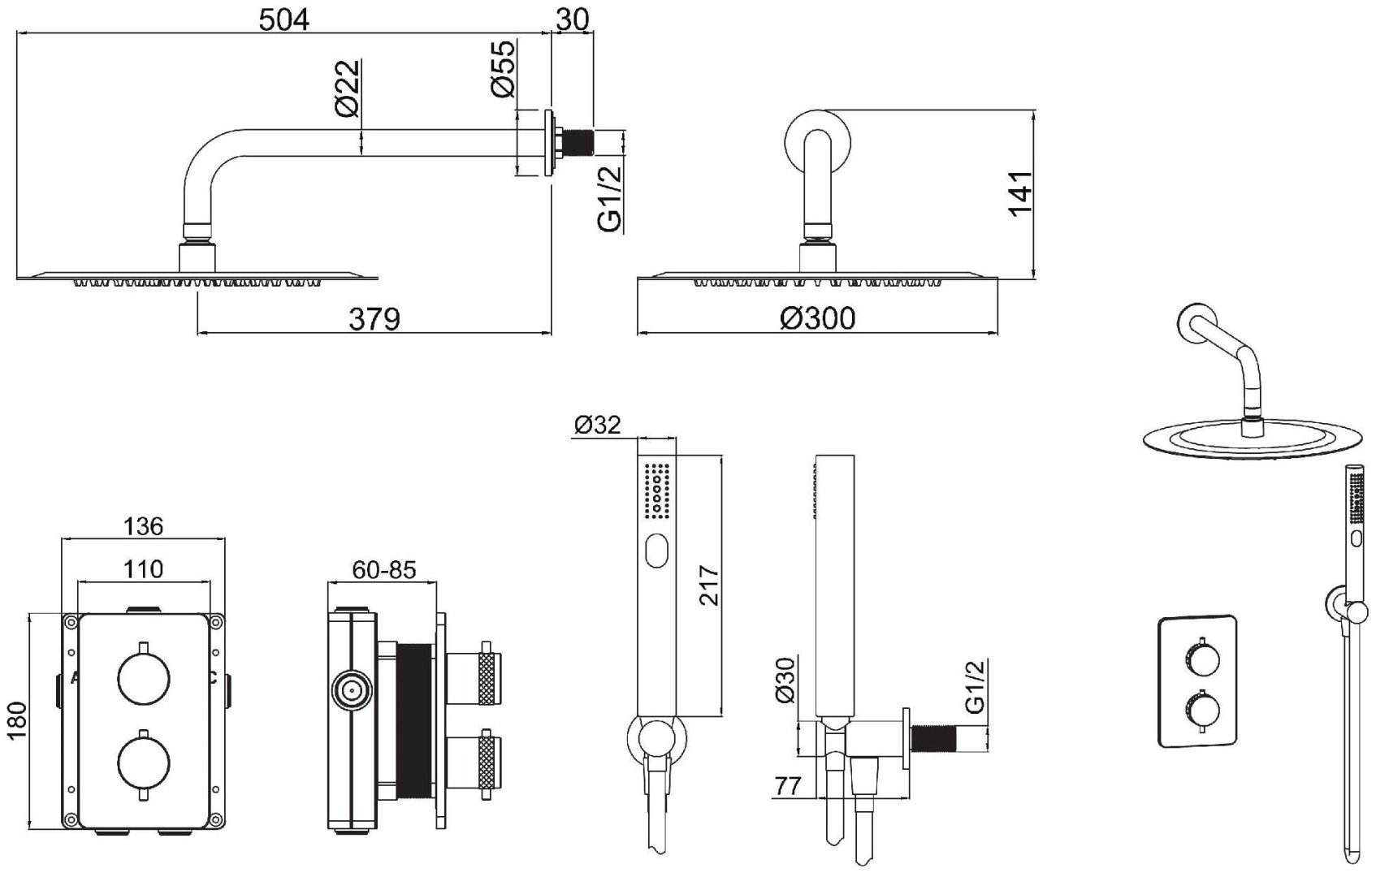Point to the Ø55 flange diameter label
[x=504, y=70]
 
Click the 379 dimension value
[x=374, y=319]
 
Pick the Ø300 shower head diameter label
[x=817, y=318]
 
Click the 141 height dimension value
[x=1020, y=192]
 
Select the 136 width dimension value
[x=143, y=526]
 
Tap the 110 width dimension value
[x=143, y=568]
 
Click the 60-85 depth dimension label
[x=383, y=569]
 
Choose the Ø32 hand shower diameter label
[x=597, y=425]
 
